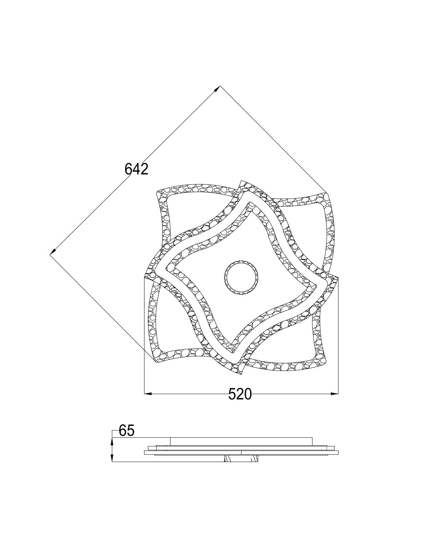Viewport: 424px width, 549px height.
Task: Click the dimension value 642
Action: click(x=136, y=169)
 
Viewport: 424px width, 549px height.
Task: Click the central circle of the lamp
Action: click(x=241, y=277)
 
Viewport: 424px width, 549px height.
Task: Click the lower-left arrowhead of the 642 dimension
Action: click(x=53, y=252)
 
